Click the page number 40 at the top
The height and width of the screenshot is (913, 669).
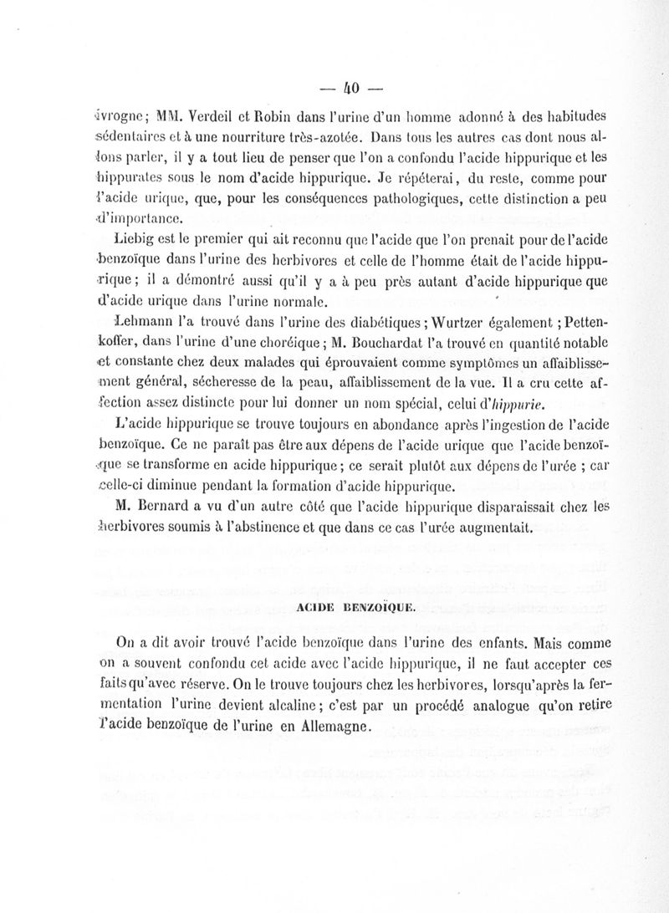pos(352,86)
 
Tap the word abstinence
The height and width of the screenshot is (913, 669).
pos(304,528)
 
